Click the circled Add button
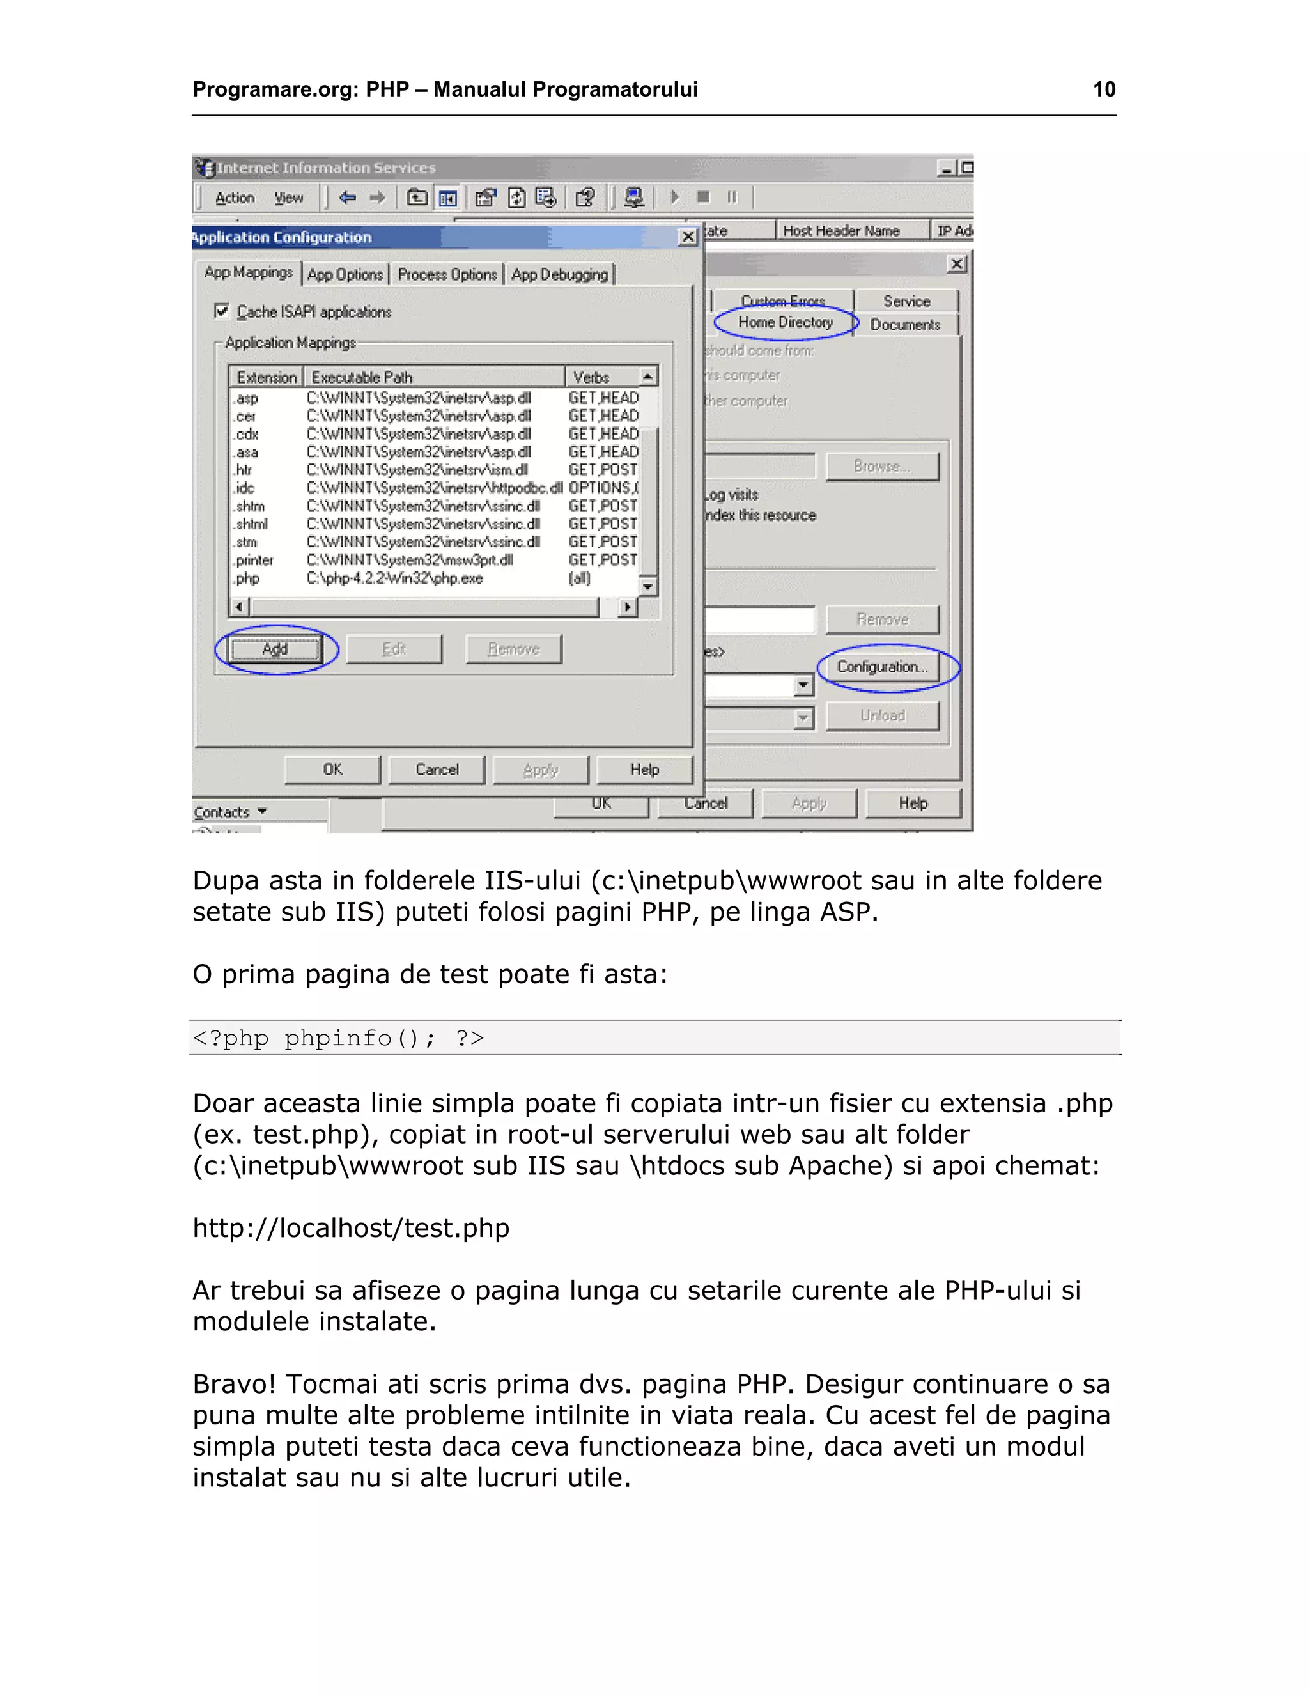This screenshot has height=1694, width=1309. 275,649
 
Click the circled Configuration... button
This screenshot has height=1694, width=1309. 883,667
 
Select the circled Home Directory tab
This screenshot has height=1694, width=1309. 785,323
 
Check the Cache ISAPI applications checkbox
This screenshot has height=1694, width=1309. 222,311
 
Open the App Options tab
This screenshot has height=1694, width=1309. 345,275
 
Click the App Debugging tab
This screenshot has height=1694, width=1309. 559,275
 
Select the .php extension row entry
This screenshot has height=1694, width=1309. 248,579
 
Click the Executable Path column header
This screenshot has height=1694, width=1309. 361,378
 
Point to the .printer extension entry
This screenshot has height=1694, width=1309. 254,560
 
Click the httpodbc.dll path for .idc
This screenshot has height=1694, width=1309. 434,488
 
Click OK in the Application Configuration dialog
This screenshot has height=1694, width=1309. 332,770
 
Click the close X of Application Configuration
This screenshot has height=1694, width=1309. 687,237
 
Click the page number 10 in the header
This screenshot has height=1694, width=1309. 1103,90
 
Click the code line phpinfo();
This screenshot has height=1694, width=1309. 338,1037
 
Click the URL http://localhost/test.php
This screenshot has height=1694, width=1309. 350,1228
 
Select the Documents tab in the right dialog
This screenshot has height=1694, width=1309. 905,325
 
